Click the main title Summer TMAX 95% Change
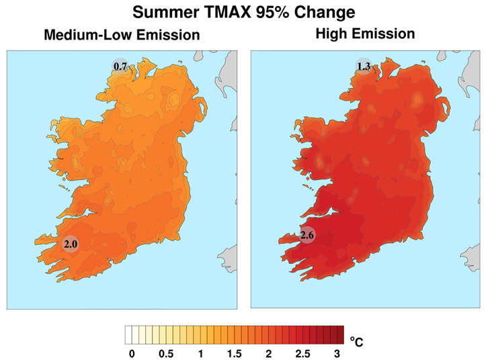(x=244, y=12)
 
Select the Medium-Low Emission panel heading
(x=121, y=35)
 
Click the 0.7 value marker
(x=121, y=66)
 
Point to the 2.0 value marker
(x=71, y=244)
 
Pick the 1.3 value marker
(x=364, y=66)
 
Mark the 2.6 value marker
(x=307, y=236)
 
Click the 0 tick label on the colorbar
(x=132, y=353)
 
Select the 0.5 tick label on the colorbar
(x=166, y=353)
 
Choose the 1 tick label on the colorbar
(x=200, y=353)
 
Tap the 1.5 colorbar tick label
(x=235, y=353)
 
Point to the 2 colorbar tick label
(x=269, y=353)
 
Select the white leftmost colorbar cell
(x=128, y=334)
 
